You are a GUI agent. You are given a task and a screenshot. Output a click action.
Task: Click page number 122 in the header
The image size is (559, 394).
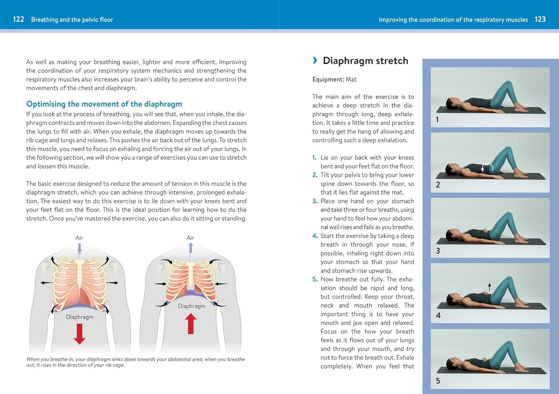pos(18,19)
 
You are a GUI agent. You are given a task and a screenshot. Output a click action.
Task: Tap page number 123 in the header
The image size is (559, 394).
pos(540,19)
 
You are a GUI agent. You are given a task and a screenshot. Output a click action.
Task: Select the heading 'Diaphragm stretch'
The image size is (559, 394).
pos(365,61)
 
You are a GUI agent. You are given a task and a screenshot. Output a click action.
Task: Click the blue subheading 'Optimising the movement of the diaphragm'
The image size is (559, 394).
pos(104,104)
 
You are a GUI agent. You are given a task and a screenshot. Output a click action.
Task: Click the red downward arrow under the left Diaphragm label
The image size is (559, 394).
pos(79,333)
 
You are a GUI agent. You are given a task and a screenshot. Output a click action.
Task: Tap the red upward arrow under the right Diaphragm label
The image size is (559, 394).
pos(191,323)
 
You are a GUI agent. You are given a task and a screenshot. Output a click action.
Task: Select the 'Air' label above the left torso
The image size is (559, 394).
pos(79,238)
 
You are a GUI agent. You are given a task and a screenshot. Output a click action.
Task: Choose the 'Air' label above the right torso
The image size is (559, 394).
pos(190,238)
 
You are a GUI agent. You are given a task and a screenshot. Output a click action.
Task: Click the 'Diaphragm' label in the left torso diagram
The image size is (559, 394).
pos(80,317)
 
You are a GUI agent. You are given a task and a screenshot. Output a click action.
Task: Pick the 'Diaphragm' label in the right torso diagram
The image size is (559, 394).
pos(192,306)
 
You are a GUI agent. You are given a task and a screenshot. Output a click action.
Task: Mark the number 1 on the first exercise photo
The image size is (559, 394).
pos(437,120)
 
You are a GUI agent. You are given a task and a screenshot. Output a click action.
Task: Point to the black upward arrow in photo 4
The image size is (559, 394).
pos(490,287)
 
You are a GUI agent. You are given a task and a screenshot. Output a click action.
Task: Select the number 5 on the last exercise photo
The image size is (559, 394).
pos(438,381)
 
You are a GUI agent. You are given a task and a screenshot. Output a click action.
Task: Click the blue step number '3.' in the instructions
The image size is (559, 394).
pos(315,201)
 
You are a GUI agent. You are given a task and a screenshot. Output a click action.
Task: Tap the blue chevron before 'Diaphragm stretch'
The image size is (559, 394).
pos(315,60)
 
